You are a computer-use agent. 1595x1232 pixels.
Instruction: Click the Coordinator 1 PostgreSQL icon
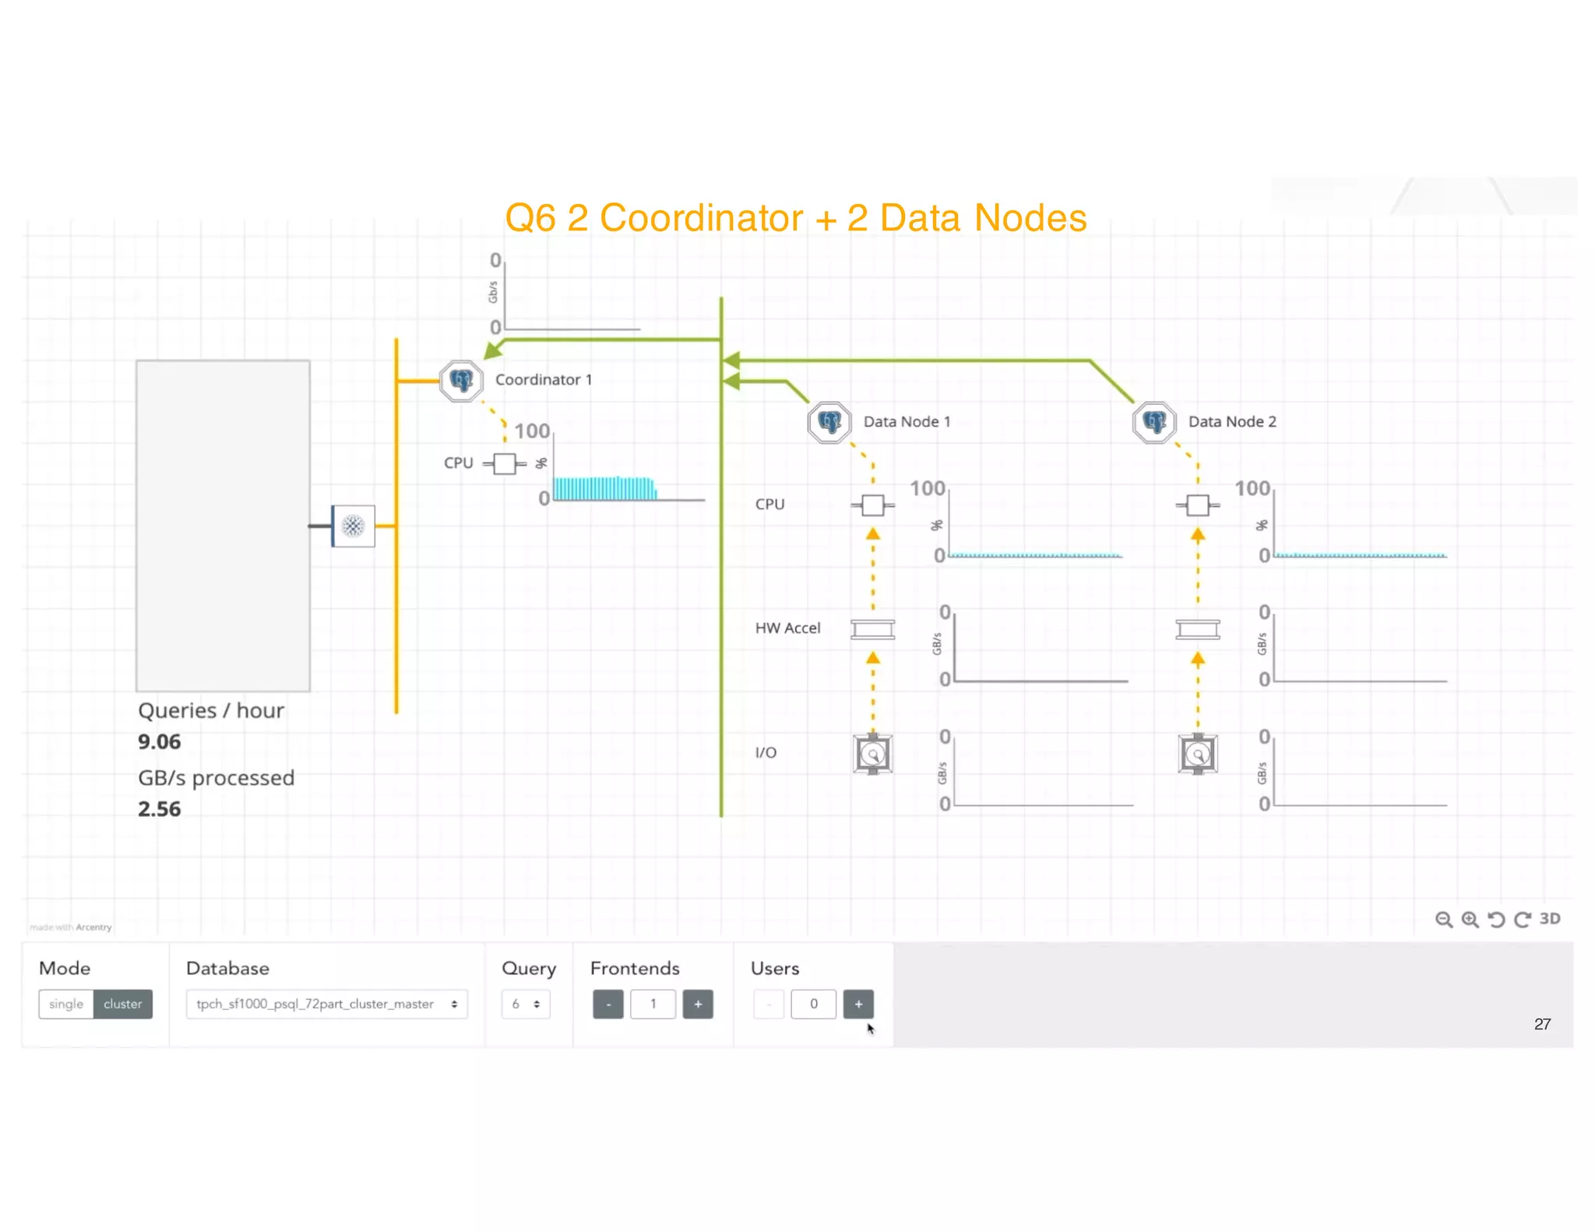coord(461,381)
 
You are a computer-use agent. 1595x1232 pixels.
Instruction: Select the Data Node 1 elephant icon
coord(829,422)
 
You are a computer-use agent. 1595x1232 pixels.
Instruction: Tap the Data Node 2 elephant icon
coord(1153,422)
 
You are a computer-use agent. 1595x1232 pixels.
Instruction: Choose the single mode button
coord(66,1004)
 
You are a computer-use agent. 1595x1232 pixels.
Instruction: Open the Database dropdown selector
coord(326,1004)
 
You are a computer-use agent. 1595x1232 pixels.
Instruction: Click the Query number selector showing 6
coord(526,1004)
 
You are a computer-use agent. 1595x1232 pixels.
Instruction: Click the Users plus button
coord(858,1004)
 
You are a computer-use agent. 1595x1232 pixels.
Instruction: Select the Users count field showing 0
coord(813,1004)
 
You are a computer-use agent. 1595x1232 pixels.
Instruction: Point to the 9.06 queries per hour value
coord(160,741)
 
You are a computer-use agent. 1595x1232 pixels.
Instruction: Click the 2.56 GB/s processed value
coord(160,809)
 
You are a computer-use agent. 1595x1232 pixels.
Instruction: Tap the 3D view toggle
coord(1550,919)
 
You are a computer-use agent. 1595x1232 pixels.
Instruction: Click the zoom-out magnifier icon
coord(1443,920)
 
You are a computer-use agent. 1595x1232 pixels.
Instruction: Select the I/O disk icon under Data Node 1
coord(872,754)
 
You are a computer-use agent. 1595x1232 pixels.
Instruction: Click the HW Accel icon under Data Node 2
coord(1197,629)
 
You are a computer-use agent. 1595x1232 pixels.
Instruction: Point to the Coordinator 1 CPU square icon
coord(505,463)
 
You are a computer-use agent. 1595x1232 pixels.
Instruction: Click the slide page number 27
coord(1542,1024)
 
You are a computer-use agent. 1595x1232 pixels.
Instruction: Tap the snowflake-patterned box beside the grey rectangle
coord(354,526)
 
